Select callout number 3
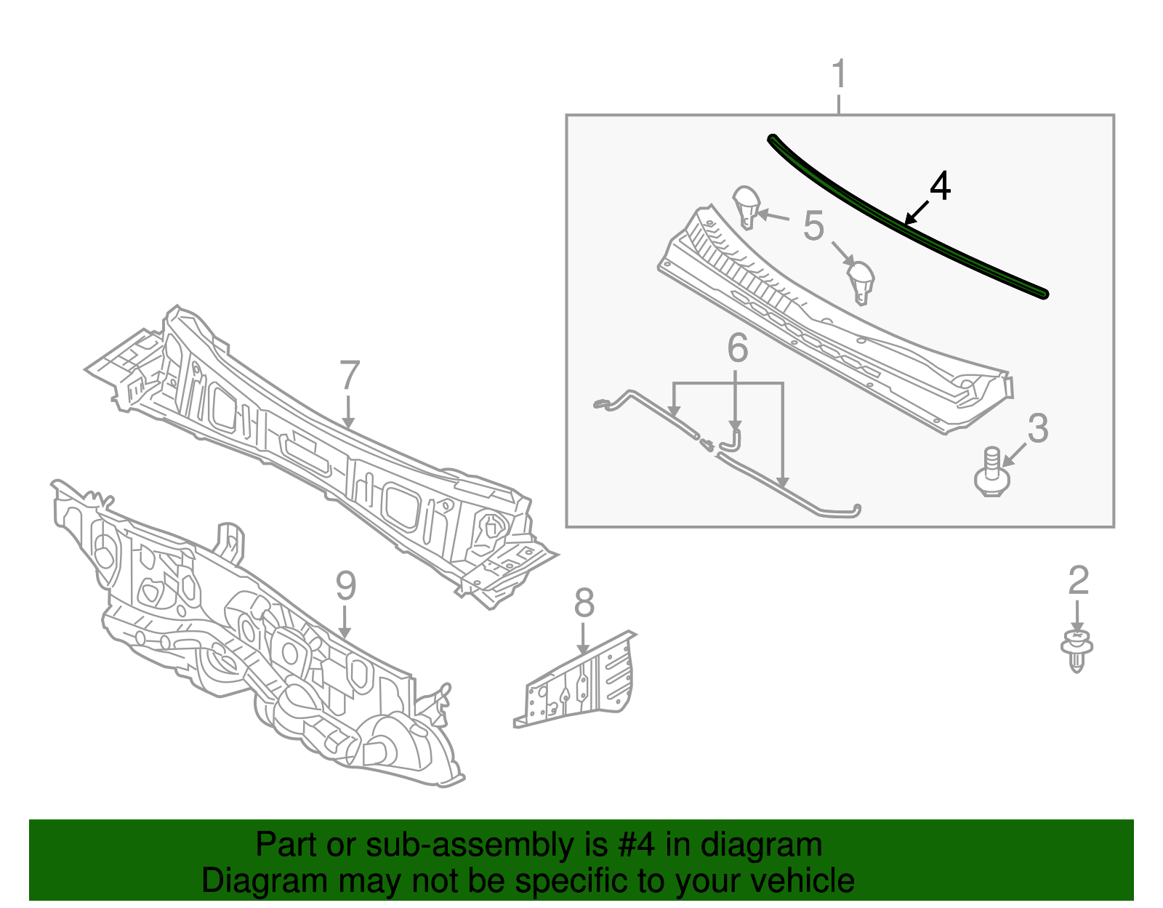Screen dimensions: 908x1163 1038,428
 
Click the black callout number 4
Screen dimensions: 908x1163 941,186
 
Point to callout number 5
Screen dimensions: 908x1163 814,225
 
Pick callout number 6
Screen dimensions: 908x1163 738,348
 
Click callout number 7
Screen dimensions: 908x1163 350,376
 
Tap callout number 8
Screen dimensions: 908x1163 584,603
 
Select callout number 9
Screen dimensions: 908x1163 345,586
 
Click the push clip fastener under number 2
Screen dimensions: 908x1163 1077,651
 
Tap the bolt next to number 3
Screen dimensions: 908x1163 991,473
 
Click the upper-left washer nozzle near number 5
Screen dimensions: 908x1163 747,206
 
